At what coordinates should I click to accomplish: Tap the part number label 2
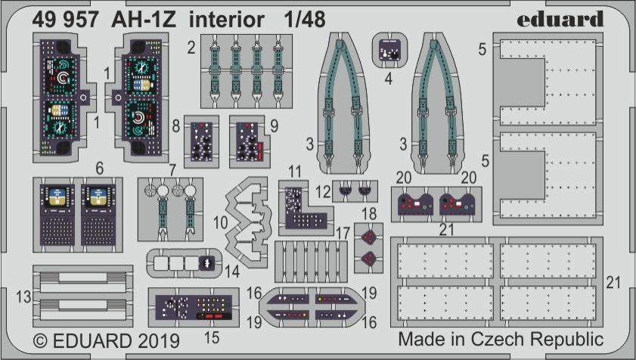click(192, 48)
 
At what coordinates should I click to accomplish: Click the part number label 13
click(26, 296)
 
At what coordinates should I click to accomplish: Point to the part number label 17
click(343, 232)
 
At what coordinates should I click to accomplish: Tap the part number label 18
click(369, 214)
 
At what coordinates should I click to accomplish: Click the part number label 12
click(323, 189)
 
